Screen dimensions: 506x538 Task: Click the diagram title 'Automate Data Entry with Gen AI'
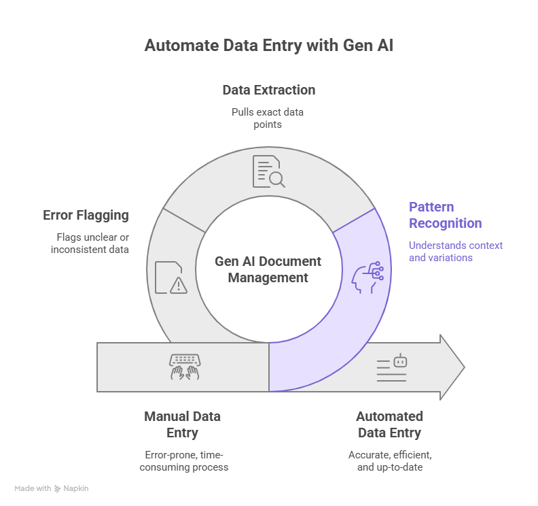(268, 46)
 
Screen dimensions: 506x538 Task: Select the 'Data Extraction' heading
(268, 90)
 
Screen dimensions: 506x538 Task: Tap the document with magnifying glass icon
(268, 171)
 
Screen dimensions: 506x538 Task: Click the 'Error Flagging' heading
(86, 216)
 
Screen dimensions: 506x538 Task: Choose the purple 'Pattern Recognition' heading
(445, 215)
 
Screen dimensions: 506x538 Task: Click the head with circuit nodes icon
(367, 277)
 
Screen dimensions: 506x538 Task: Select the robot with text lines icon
(392, 367)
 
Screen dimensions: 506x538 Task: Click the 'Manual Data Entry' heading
(182, 424)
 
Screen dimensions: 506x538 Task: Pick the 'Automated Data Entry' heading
(389, 424)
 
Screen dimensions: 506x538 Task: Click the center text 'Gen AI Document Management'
(268, 269)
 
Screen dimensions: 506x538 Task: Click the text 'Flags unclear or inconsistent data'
(90, 243)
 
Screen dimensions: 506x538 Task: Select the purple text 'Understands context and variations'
(455, 252)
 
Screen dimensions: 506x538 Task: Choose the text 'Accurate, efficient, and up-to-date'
(389, 460)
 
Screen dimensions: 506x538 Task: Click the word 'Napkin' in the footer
(76, 488)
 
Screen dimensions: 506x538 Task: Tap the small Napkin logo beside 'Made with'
(58, 488)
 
